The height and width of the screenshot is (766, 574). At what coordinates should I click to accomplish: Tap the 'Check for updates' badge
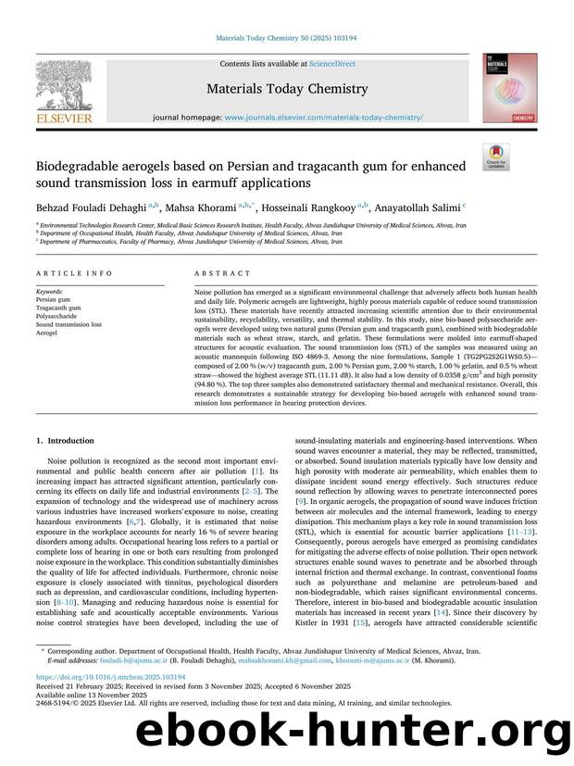tap(495, 157)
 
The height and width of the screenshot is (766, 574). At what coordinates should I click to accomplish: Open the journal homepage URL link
tap(323, 118)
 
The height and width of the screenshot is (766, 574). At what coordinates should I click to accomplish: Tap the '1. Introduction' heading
tap(64, 441)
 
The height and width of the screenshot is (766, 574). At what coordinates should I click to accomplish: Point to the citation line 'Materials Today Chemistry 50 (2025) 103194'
tap(286, 38)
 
